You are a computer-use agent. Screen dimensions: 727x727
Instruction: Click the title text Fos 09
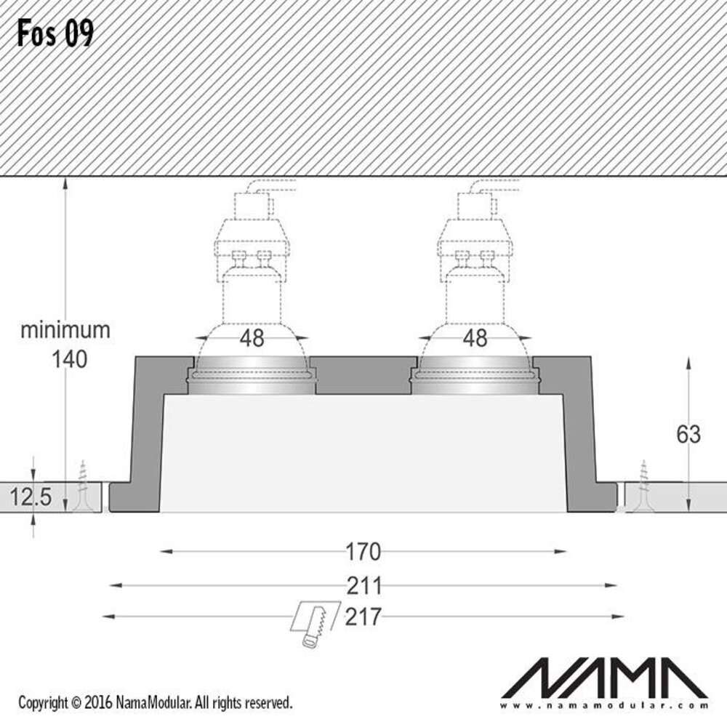55,33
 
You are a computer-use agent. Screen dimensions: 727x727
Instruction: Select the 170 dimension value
363,552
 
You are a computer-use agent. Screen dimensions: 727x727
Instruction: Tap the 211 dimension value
363,585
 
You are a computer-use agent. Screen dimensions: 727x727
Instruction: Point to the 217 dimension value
363,617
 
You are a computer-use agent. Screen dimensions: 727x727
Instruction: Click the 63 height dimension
688,434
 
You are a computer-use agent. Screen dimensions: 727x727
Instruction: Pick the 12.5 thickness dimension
31,498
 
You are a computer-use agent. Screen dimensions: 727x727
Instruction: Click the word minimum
65,330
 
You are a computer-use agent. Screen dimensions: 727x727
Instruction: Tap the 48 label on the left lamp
252,337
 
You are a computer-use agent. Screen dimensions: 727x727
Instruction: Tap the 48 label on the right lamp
475,337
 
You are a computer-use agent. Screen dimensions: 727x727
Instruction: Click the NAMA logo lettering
615,677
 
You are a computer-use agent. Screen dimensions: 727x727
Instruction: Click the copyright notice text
155,703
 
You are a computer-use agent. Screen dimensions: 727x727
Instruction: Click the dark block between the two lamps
363,375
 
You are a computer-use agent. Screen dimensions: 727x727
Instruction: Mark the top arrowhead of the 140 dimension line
66,182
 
